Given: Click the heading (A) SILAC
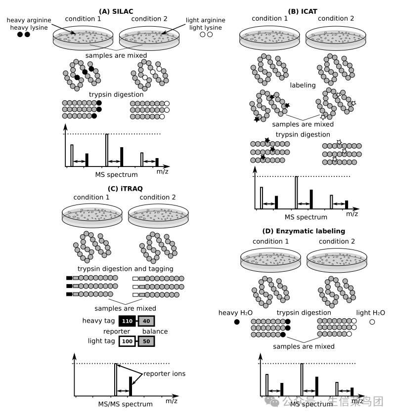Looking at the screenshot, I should coord(117,11).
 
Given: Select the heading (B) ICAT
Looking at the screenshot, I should coord(303,10).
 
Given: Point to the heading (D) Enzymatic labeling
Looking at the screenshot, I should coord(304,231).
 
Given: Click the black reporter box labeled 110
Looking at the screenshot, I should coord(127,321).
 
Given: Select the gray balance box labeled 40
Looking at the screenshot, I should coord(147,321).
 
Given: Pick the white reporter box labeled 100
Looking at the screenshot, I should coord(127,341).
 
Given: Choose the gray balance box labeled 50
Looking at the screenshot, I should coord(147,341).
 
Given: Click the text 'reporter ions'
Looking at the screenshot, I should coord(165,374).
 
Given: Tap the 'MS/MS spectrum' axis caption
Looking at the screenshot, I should coord(126,404).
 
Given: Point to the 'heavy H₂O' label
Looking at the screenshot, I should coord(236,313).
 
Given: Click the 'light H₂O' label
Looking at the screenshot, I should coord(371,313).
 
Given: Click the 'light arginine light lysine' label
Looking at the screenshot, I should coord(206,24).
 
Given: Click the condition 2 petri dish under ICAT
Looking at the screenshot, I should coord(336,39).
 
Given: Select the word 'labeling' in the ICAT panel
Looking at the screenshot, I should coord(303,85).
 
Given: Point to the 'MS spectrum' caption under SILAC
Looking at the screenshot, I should coord(117,174).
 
